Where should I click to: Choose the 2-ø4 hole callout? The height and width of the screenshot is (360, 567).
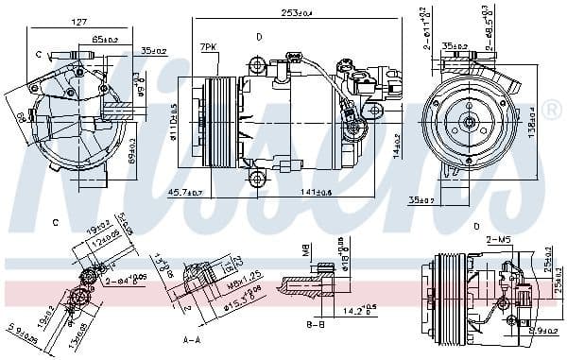tap(125, 281)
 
